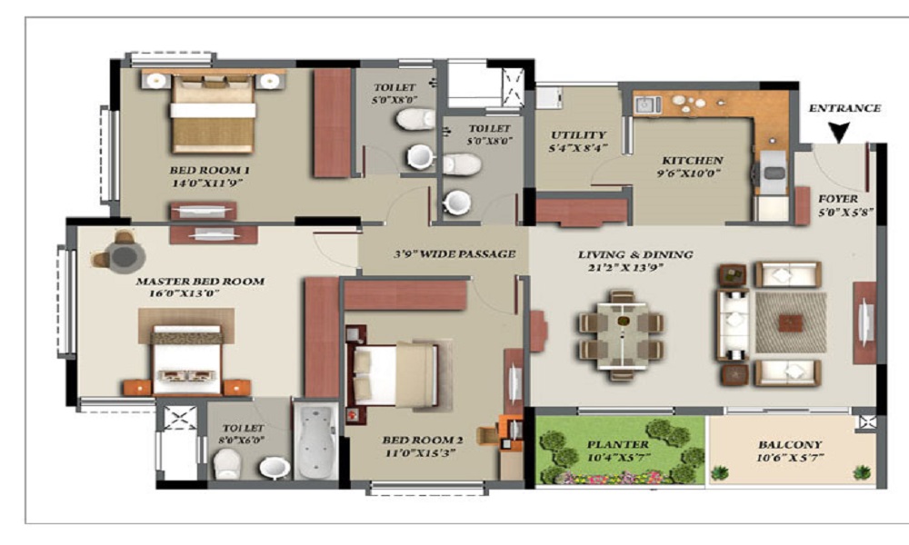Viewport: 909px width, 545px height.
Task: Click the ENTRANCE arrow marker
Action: tap(838, 133)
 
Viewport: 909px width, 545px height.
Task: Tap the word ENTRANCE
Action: tap(844, 108)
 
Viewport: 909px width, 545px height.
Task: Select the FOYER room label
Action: tap(837, 198)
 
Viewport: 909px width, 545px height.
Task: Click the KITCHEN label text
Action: tap(693, 159)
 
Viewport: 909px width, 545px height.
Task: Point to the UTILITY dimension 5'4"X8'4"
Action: tap(577, 148)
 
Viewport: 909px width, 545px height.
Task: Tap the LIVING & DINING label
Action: tap(635, 254)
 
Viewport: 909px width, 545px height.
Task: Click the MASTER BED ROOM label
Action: tap(200, 282)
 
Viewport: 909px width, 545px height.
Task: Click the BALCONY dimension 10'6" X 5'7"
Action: tap(791, 460)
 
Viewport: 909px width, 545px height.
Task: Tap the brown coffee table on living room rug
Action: tap(791, 322)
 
